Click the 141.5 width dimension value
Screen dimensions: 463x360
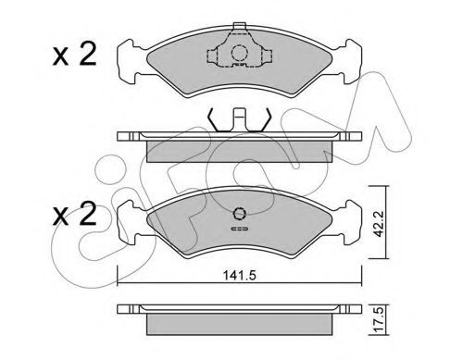[x=240, y=275]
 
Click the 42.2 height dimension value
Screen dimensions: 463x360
[x=378, y=224]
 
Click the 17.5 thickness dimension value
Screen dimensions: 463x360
[x=378, y=320]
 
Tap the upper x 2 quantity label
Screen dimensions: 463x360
[x=74, y=55]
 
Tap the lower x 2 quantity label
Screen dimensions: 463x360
[x=74, y=214]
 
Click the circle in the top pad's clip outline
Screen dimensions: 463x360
[x=240, y=53]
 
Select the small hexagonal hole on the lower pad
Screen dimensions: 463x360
[x=239, y=213]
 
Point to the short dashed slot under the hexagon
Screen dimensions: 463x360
[x=240, y=229]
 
